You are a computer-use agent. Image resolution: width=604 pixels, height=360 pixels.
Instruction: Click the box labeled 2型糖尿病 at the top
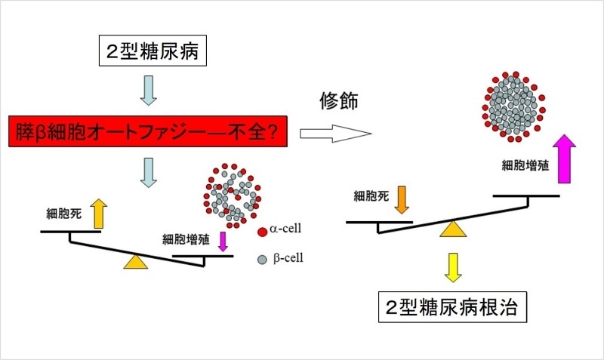pos(150,51)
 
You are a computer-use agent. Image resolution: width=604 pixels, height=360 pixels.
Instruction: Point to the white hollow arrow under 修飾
pos(336,134)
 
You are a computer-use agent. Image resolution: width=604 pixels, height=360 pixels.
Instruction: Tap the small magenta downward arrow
pos(223,241)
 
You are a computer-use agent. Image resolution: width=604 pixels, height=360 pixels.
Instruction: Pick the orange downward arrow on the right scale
pos(400,200)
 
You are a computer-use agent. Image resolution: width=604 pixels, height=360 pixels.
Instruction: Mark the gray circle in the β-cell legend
pos(262,259)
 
